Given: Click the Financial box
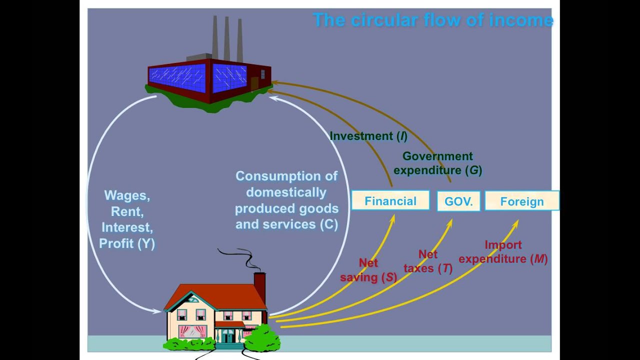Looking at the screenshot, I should click(x=390, y=201).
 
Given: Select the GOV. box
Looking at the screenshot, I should click(x=458, y=201).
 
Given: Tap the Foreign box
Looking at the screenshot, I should click(x=521, y=201).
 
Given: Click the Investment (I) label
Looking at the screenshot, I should click(x=368, y=136).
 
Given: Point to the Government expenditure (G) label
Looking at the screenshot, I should click(x=437, y=163).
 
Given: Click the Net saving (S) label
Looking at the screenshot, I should click(x=368, y=270).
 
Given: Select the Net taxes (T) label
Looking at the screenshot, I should click(x=428, y=261).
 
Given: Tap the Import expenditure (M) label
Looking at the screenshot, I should click(x=503, y=252).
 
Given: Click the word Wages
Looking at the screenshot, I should click(x=127, y=195).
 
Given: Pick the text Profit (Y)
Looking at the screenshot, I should click(x=127, y=243).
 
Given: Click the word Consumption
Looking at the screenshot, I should click(x=286, y=176).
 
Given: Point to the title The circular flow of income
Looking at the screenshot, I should click(x=433, y=20).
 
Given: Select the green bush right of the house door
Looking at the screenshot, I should click(x=262, y=337).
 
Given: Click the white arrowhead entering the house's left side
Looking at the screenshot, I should click(x=157, y=311).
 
